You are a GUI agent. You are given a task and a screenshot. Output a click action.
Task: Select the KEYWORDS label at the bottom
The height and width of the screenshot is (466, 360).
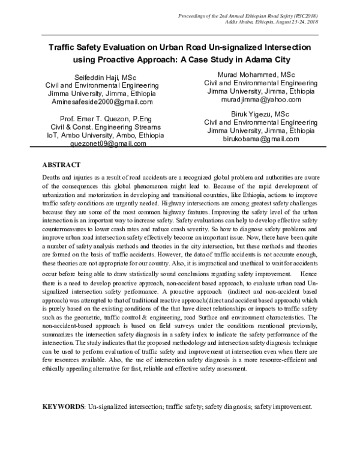[x=64, y=407]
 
